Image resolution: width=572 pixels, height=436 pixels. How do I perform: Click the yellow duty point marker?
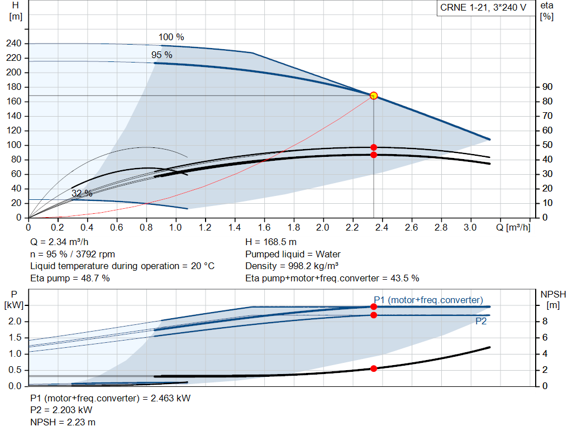[x=374, y=96]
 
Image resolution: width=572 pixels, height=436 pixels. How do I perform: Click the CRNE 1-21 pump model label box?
[x=484, y=8]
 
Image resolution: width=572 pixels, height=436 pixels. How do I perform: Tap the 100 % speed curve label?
[x=171, y=37]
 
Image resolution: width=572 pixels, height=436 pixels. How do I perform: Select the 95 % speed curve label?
[x=161, y=55]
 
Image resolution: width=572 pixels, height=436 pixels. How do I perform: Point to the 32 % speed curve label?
[x=82, y=193]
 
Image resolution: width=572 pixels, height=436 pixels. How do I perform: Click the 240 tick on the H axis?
[x=14, y=44]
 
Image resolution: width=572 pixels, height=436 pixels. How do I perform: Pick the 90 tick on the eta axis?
[x=547, y=87]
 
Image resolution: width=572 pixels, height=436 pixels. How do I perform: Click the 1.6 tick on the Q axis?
[x=264, y=227]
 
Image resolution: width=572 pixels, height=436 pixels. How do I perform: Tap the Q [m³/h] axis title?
[x=513, y=227]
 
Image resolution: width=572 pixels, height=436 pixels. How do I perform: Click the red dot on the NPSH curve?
[x=374, y=368]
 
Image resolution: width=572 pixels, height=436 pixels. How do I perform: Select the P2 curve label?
[x=481, y=321]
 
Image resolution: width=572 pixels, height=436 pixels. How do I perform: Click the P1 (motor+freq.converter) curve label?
[x=428, y=300]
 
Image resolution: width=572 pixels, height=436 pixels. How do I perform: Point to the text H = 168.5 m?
[x=271, y=242]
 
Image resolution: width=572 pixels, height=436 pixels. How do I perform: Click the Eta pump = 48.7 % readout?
[x=70, y=279]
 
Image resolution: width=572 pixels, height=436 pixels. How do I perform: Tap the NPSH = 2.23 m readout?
[x=63, y=423]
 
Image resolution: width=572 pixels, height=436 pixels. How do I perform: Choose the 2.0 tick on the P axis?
[x=15, y=322]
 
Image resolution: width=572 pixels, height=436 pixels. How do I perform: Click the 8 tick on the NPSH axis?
[x=545, y=322]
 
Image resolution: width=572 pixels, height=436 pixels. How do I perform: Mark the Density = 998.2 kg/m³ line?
[x=292, y=266]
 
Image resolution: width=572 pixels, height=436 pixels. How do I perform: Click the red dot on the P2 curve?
[x=374, y=315]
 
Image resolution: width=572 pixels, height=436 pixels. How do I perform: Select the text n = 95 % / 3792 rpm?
[x=73, y=255]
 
